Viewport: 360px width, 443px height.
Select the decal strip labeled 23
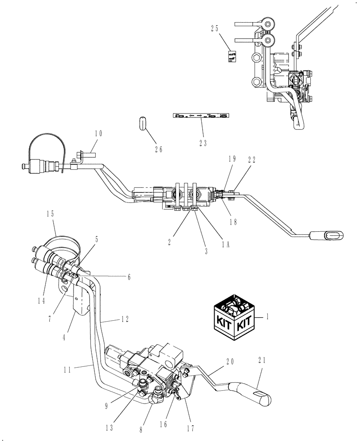click(x=202, y=116)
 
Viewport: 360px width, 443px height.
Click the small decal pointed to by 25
click(x=232, y=57)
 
